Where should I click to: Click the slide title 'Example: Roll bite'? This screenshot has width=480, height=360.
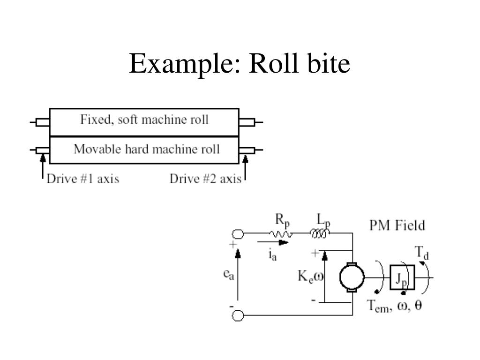pyautogui.click(x=240, y=64)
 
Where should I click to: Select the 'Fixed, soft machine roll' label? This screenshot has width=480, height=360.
pyautogui.click(x=144, y=120)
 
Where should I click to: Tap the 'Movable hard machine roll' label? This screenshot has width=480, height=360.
pyautogui.click(x=146, y=150)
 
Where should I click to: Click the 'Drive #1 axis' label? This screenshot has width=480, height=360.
pyautogui.click(x=82, y=179)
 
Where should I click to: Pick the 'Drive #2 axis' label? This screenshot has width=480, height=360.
pyautogui.click(x=205, y=179)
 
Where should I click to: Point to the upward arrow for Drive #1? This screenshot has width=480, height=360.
pyautogui.click(x=43, y=167)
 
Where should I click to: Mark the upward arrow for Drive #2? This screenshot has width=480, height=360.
pyautogui.click(x=245, y=167)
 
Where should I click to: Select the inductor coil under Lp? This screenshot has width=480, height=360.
pyautogui.click(x=320, y=232)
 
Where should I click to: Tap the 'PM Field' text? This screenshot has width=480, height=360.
pyautogui.click(x=397, y=225)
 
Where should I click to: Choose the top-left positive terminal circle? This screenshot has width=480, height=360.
pyautogui.click(x=238, y=233)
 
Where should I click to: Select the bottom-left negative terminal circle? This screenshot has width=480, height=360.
pyautogui.click(x=238, y=316)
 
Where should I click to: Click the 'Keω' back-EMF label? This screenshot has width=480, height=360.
pyautogui.click(x=310, y=277)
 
